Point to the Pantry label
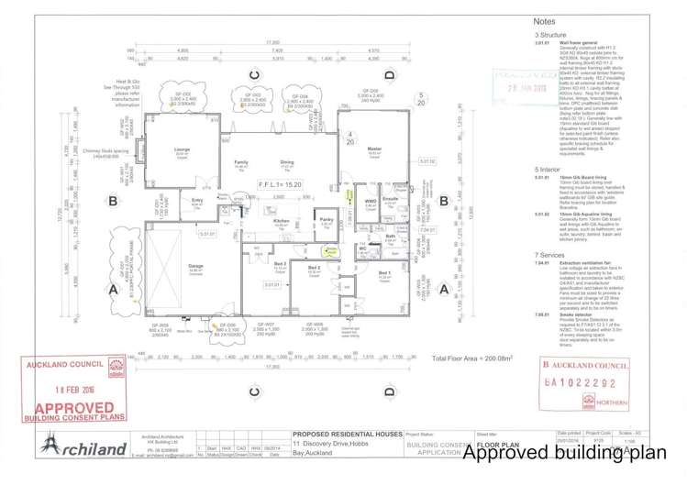326,220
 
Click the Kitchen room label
282,221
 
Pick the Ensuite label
390,198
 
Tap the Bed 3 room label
279,263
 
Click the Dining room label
287,162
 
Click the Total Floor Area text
471,358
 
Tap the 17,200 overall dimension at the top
272,42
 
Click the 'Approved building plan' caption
570,452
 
